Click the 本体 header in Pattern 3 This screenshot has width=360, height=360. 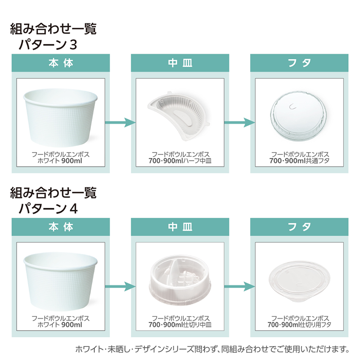[61, 63]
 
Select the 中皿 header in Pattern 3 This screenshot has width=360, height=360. [180, 63]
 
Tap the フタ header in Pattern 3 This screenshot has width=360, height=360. [299, 63]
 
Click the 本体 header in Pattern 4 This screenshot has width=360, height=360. [61, 227]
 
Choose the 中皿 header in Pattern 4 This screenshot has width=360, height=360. [180, 227]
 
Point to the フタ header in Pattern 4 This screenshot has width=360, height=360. [299, 227]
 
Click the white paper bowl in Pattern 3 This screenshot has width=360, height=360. [60, 117]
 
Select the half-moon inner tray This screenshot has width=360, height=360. [178, 116]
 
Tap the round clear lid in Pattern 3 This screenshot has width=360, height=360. [298, 116]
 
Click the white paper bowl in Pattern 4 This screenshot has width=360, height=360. [60, 282]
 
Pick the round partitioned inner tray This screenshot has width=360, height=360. [179, 280]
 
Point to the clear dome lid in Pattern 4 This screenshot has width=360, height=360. [299, 281]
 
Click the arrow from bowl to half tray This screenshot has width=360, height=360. [120, 122]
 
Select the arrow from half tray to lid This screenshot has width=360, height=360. [240, 122]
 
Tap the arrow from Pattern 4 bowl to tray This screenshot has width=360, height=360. [120, 286]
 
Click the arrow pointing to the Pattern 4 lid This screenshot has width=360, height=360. [240, 286]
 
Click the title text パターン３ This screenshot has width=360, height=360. [48, 45]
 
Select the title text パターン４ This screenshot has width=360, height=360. [48, 209]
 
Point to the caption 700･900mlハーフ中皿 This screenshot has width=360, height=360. [180, 161]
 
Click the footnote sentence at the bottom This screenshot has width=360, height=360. [212, 349]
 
